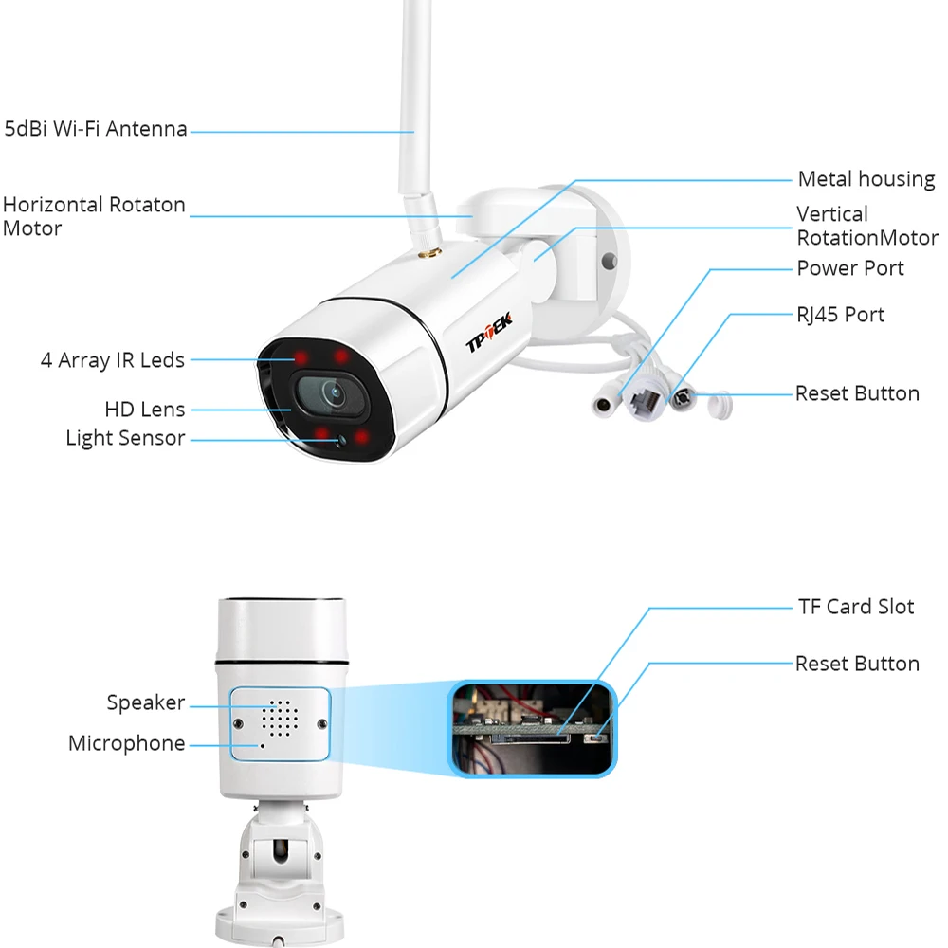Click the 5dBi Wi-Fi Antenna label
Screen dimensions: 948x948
click(96, 129)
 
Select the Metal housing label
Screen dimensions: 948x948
click(866, 178)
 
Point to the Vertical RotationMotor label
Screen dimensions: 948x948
click(866, 226)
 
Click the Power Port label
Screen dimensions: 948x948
click(850, 268)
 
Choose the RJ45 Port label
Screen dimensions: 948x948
click(841, 314)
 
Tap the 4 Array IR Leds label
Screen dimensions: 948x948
click(113, 360)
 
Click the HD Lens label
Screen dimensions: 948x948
click(145, 410)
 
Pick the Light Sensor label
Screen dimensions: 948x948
click(125, 438)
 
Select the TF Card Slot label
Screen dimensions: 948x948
click(855, 607)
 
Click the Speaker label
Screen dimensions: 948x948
click(145, 702)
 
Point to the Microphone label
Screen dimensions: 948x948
click(126, 743)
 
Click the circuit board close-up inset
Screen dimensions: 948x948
click(532, 727)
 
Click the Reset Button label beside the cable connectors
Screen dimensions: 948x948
click(857, 393)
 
